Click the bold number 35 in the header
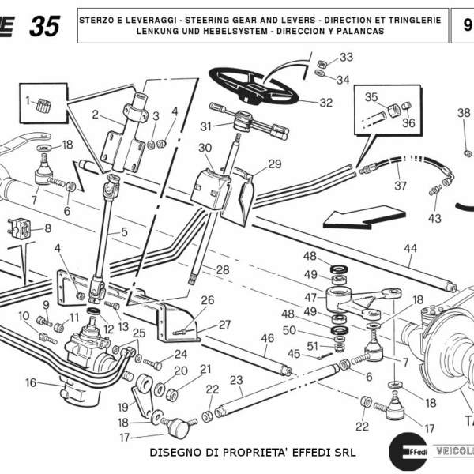44,26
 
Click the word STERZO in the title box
98,17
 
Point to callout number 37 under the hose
401,186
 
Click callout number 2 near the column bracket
95,115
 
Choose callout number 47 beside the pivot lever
310,297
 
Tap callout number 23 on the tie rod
235,380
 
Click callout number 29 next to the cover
274,164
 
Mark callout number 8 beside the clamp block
47,229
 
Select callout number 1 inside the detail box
28,100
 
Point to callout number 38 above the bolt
463,112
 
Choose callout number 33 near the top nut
346,58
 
